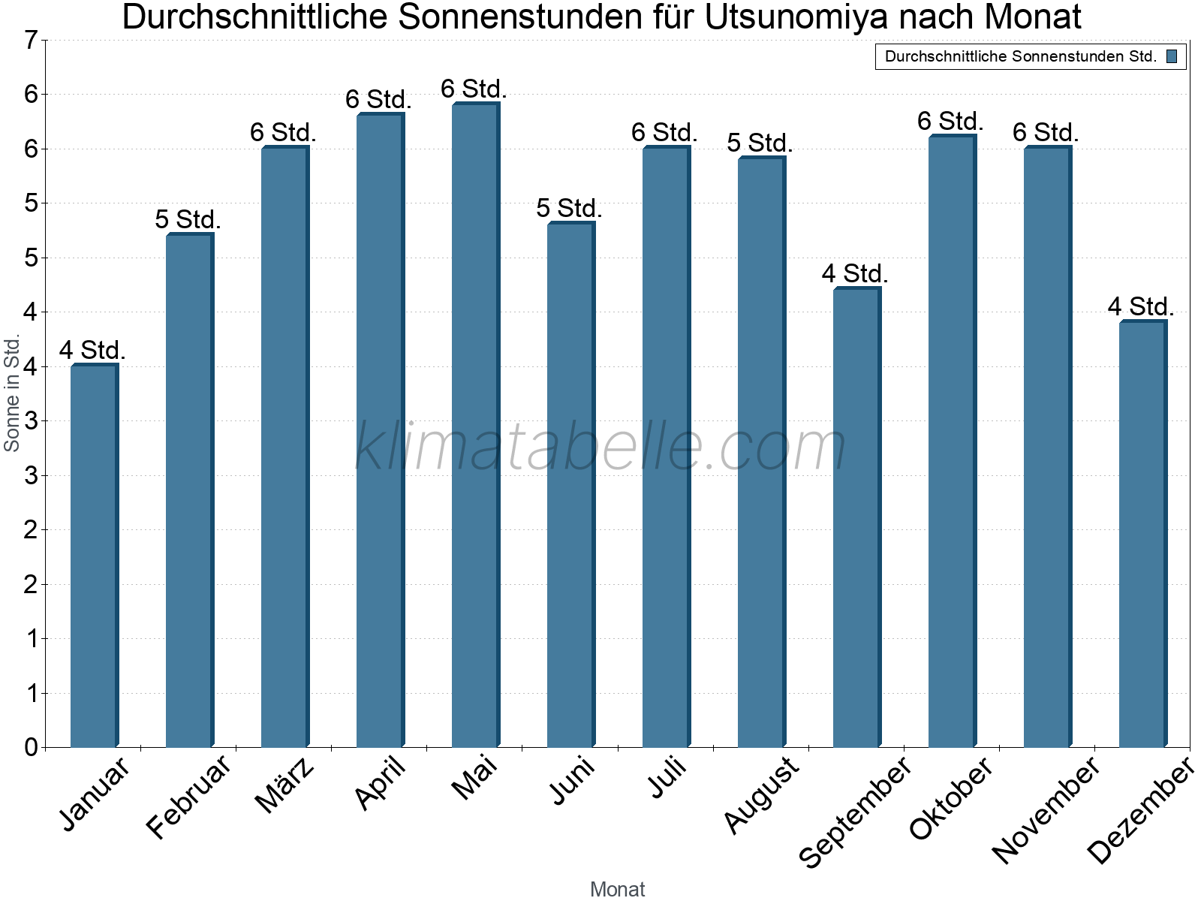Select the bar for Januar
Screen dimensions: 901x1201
(94, 556)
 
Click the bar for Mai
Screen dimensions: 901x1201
(475, 425)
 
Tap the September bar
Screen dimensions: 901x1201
(856, 517)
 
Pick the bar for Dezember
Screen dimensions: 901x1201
(1142, 534)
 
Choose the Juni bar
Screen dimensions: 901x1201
(570, 485)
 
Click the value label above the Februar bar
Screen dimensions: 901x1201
(188, 219)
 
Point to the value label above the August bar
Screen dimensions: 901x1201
(760, 143)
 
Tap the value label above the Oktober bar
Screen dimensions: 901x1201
(950, 121)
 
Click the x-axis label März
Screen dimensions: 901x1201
(284, 785)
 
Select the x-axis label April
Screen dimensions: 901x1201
(381, 782)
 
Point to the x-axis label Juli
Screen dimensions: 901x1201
(667, 777)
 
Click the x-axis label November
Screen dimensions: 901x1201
(1046, 809)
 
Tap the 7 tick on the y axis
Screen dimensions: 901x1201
(31, 41)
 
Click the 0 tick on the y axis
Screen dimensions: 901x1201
(31, 747)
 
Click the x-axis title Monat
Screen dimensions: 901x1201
(617, 889)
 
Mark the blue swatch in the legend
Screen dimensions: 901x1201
(1172, 56)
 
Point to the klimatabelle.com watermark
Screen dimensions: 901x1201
(600, 447)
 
